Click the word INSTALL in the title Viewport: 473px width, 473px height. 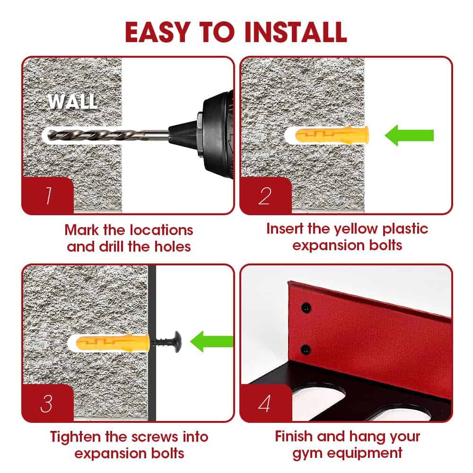[x=296, y=32]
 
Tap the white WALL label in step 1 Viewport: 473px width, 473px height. [x=73, y=101]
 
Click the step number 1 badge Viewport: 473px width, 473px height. [x=48, y=195]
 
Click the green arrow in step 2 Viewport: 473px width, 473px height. [x=409, y=135]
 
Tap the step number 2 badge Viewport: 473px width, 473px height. [x=265, y=195]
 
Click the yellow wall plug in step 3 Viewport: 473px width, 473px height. [x=113, y=342]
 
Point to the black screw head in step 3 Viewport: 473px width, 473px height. [x=176, y=342]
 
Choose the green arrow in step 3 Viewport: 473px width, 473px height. [x=212, y=342]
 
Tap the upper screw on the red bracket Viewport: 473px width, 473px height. [x=306, y=308]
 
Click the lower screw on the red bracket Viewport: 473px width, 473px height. [x=306, y=350]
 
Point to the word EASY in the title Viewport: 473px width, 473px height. [x=158, y=32]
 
